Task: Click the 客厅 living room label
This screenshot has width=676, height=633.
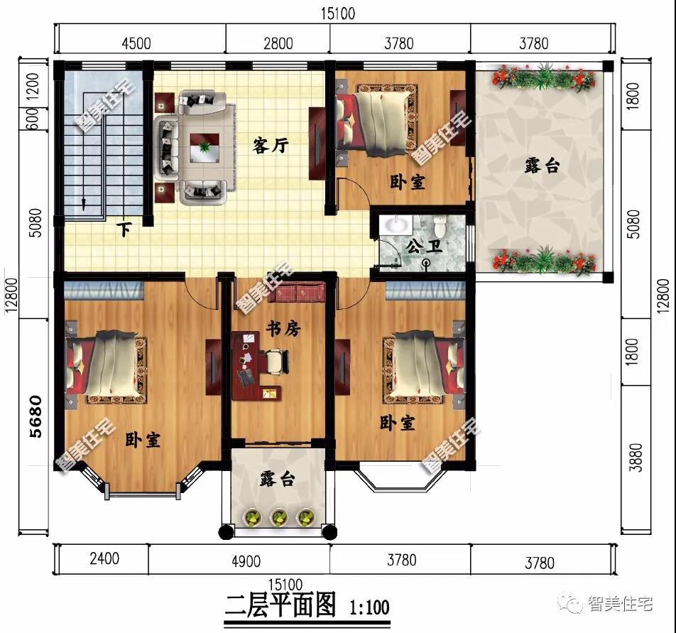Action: pos(271,146)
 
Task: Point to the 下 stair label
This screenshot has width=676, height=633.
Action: pos(124,229)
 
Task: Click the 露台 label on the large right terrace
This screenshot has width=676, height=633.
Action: pos(542,166)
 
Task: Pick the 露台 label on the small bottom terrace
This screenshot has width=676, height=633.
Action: pos(277,480)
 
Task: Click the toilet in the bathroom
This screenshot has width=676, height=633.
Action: pos(441,227)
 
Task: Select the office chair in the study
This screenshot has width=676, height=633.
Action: pos(277,360)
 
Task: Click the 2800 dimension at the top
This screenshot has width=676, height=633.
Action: pos(278,43)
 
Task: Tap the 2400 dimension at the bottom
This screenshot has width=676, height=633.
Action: pos(104,558)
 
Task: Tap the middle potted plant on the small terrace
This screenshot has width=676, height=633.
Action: pos(278,517)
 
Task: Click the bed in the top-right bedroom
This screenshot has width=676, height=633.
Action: pos(375,119)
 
